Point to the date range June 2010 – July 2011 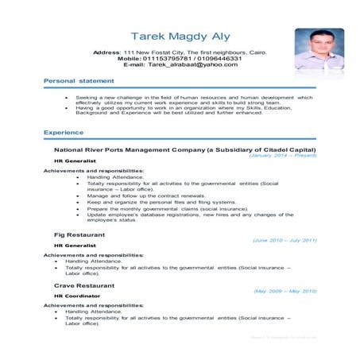[x=285, y=239]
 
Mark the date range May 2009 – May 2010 [x=285, y=291]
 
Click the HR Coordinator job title [x=77, y=296]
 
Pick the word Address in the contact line [x=106, y=52]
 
